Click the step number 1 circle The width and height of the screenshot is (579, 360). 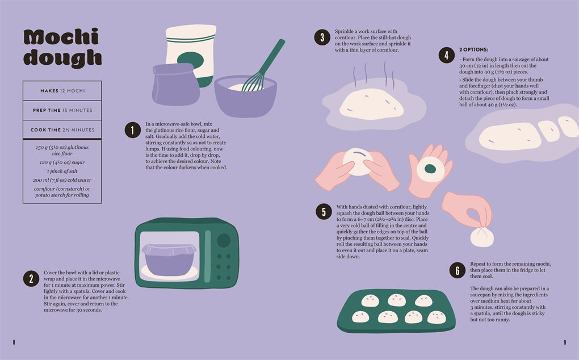pyautogui.click(x=132, y=131)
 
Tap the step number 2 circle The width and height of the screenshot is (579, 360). pyautogui.click(x=31, y=278)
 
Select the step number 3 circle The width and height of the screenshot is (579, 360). pyautogui.click(x=322, y=38)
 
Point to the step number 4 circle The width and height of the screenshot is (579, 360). pyautogui.click(x=446, y=55)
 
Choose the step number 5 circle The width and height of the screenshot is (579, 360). pyautogui.click(x=324, y=212)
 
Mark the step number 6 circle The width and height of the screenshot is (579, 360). pyautogui.click(x=457, y=270)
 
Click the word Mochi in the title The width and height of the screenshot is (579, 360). pyautogui.click(x=61, y=37)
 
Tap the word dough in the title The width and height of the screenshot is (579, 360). pyautogui.click(x=62, y=57)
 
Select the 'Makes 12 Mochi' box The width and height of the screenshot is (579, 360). pyautogui.click(x=62, y=91)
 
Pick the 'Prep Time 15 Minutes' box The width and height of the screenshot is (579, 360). pyautogui.click(x=62, y=110)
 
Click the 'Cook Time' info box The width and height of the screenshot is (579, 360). pyautogui.click(x=62, y=130)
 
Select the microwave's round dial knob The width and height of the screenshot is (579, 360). pyautogui.click(x=224, y=240)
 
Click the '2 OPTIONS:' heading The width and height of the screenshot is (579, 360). pyautogui.click(x=473, y=49)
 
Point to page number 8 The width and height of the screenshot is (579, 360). pyautogui.click(x=14, y=342)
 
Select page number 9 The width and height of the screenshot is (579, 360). pyautogui.click(x=564, y=342)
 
